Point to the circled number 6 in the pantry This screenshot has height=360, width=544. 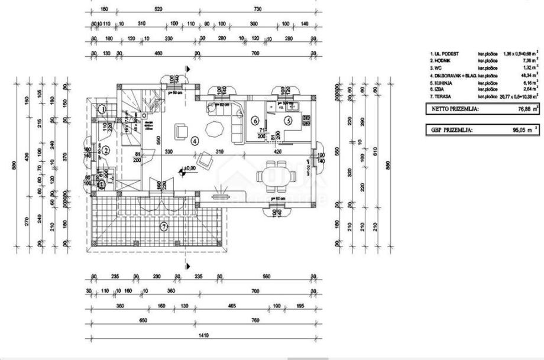coord(255,121)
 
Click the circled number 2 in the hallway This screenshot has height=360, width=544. coord(105,150)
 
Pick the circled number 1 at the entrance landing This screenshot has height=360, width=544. coord(102,109)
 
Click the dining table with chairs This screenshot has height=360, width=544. coord(273,176)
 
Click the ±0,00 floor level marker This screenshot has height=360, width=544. coord(190,168)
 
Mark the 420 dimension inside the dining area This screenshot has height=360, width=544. coord(277,152)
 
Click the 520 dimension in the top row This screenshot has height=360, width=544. coord(158,10)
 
